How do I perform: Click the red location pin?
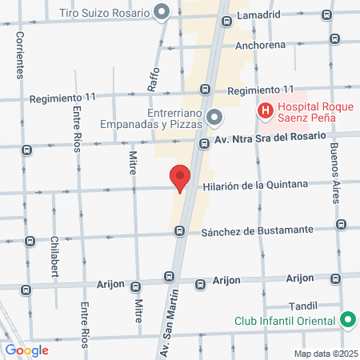point(180,177)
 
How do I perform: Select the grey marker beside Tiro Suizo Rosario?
point(162,13)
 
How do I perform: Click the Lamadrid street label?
point(258,14)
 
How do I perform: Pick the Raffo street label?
point(154,77)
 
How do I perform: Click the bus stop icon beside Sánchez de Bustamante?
point(180,231)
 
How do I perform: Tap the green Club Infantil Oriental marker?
point(347,320)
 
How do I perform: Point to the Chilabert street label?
point(55,255)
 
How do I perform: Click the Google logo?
point(27,349)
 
